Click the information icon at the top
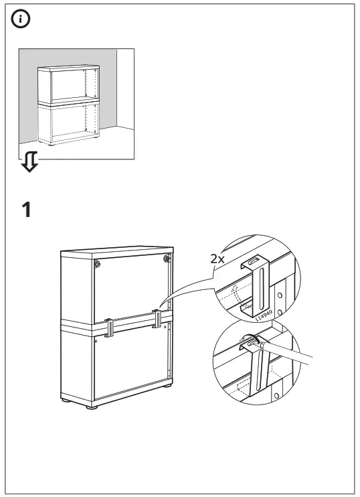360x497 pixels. pyautogui.click(x=21, y=20)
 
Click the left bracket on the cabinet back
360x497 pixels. pyautogui.click(x=108, y=326)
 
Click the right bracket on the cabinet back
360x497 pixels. pyautogui.click(x=158, y=318)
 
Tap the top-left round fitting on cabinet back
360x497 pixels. pyautogui.click(x=98, y=264)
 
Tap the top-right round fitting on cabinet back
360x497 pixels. pyautogui.click(x=166, y=258)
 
